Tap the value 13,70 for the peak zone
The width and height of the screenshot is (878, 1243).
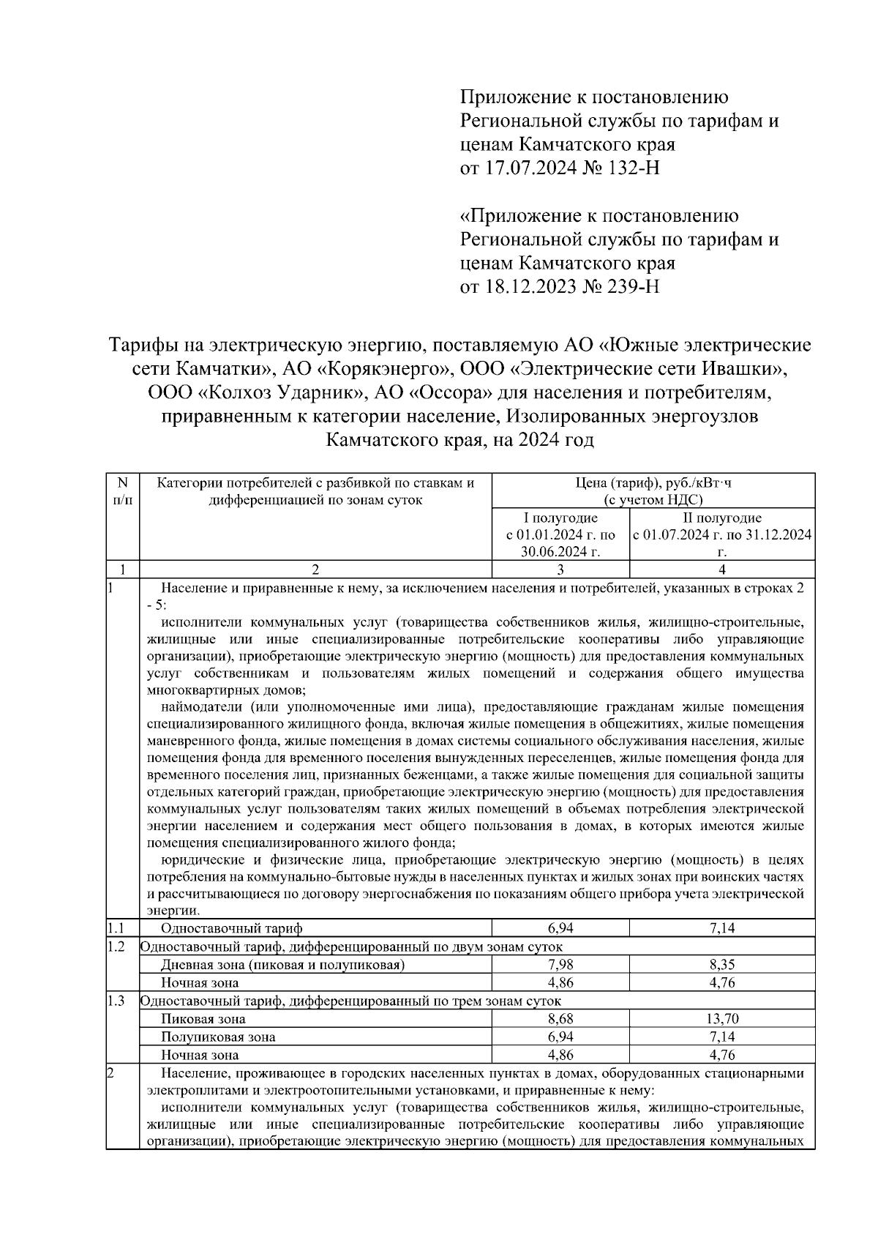721,1019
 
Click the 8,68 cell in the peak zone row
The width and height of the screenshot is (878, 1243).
560,1019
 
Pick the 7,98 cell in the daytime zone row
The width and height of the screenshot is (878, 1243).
560,965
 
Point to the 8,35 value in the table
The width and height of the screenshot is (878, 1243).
721,965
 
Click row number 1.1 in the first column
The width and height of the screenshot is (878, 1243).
115,929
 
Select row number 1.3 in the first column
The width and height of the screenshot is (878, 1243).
115,1001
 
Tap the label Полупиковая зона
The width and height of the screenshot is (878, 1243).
218,1037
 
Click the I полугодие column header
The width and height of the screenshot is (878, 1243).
560,518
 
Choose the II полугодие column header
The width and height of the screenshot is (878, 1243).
721,518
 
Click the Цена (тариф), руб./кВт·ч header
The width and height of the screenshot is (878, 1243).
653,482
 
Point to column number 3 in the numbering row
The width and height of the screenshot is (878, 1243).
560,570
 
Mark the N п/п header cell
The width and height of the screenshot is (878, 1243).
122,491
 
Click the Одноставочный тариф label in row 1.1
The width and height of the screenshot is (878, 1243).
231,929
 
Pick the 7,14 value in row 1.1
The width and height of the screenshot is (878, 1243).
721,929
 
